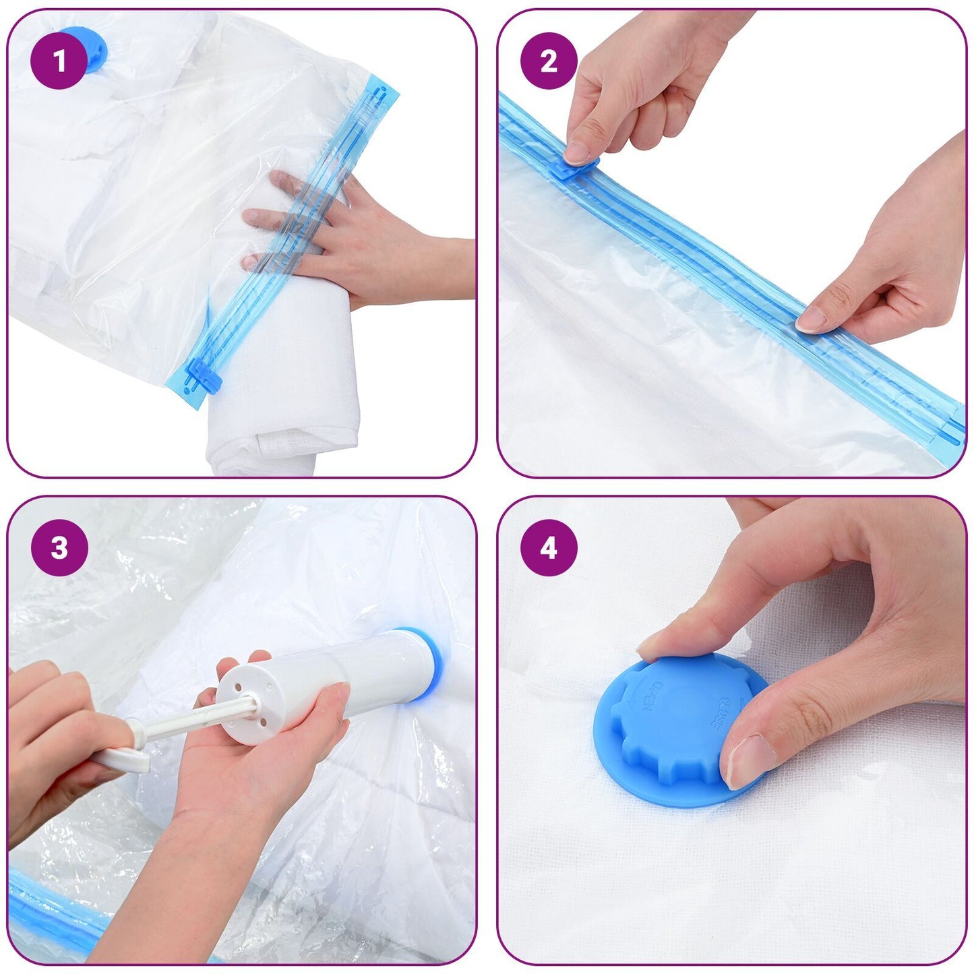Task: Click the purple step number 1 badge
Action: pos(59,61)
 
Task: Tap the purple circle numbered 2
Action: pos(549,61)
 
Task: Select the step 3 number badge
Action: pos(59,547)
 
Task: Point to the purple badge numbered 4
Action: pos(549,547)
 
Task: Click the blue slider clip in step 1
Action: pos(204,376)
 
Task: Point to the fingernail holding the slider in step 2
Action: pos(577,152)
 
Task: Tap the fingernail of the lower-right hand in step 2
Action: pos(812,319)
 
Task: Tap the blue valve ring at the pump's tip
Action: pos(427,664)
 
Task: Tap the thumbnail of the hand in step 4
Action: pos(748,761)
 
